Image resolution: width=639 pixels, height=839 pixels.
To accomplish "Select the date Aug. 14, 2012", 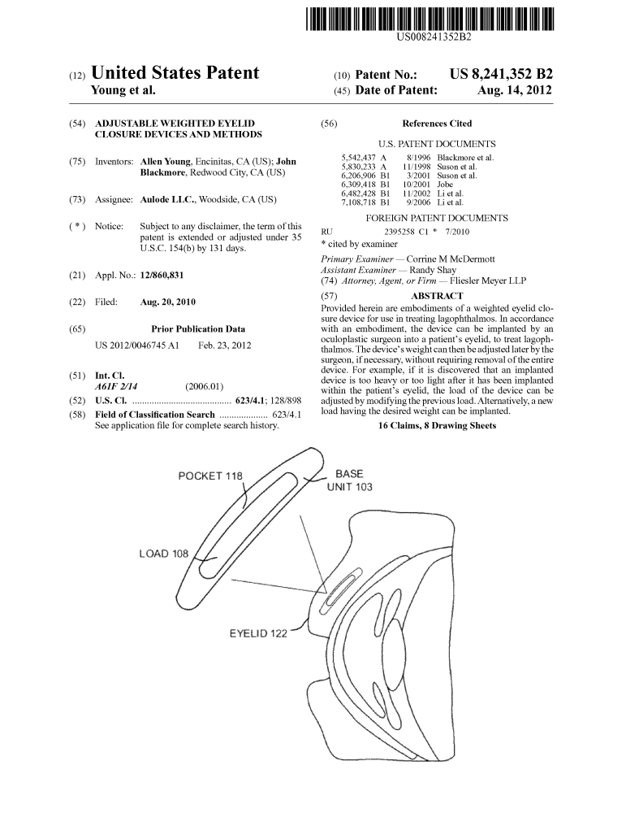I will click(x=514, y=91).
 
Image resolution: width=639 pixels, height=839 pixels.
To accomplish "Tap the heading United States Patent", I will click(x=175, y=73).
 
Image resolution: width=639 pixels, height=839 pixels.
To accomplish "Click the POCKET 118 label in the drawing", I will click(x=210, y=476).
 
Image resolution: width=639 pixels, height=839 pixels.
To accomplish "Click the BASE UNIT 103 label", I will click(x=349, y=480).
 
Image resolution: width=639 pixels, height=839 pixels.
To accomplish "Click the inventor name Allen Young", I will click(x=166, y=161).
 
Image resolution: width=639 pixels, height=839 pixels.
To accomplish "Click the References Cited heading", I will click(x=437, y=124).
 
